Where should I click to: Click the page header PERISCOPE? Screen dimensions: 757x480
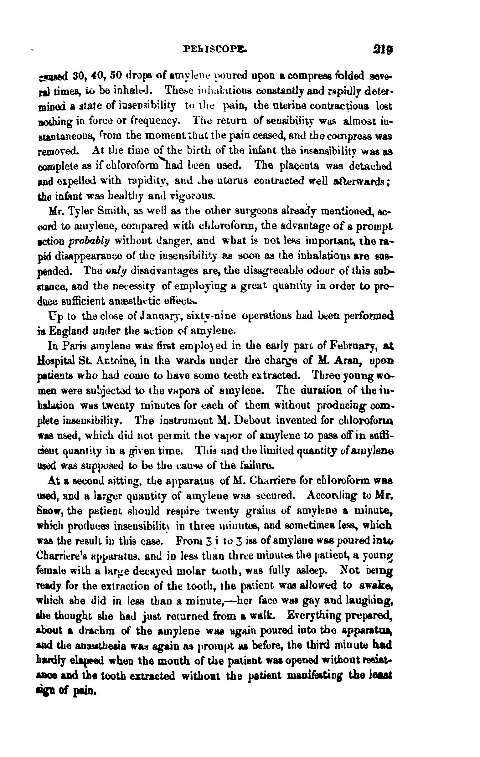[x=216, y=49]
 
